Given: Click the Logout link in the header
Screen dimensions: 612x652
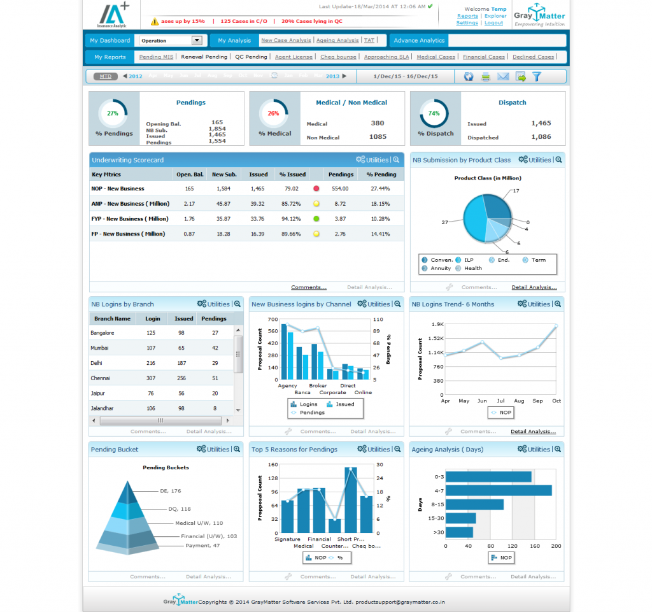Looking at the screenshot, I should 493,23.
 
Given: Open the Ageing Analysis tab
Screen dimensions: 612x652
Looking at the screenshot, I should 337,40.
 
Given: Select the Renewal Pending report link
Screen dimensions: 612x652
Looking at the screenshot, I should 204,57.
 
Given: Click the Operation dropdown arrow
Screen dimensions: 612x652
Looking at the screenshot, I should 197,40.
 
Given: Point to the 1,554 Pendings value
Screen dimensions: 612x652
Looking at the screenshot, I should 217,141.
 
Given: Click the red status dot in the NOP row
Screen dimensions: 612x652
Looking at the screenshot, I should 316,189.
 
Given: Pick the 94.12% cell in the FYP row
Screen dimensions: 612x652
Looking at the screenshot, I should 291,218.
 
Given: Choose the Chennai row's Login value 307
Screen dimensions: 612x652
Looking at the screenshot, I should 151,378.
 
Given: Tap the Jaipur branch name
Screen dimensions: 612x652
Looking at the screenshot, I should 97,394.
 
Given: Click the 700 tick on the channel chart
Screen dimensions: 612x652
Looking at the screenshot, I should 273,318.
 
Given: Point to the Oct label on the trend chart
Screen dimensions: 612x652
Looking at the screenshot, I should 556,401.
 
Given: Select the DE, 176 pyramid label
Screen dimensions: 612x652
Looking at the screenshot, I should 171,491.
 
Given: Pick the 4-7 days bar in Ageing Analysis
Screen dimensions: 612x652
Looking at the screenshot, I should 498,490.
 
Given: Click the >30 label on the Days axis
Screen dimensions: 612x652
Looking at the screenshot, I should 439,532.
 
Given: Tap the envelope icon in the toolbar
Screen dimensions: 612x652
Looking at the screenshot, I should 503,76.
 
